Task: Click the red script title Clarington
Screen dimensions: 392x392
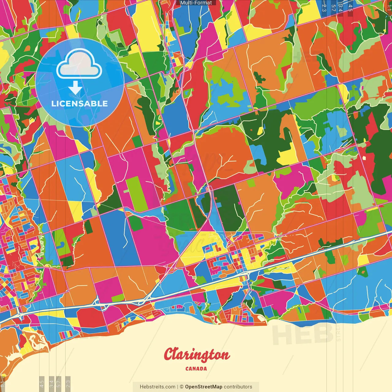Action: click(196, 355)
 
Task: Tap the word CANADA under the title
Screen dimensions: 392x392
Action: click(196, 369)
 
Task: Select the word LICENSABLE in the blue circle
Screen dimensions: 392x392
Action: click(80, 104)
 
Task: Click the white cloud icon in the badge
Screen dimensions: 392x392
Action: click(79, 63)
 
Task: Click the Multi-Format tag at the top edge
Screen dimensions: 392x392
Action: click(196, 3)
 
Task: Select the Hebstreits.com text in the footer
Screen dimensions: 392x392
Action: click(157, 387)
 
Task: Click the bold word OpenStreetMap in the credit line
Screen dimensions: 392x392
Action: click(204, 387)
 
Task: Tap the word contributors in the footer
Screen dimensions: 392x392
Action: click(238, 387)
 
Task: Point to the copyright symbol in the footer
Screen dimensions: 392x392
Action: click(181, 387)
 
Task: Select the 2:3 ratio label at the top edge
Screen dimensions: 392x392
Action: click(324, 7)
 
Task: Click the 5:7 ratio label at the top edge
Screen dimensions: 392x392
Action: click(333, 7)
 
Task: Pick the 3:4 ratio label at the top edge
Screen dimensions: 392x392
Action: click(341, 7)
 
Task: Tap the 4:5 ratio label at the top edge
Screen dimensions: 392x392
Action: click(350, 7)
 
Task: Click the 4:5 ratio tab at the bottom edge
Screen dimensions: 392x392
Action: click(42, 383)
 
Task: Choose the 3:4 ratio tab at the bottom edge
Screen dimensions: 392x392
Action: click(52, 383)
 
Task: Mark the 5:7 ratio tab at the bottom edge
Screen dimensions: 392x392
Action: click(59, 383)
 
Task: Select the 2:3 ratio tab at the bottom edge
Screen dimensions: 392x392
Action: click(68, 383)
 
